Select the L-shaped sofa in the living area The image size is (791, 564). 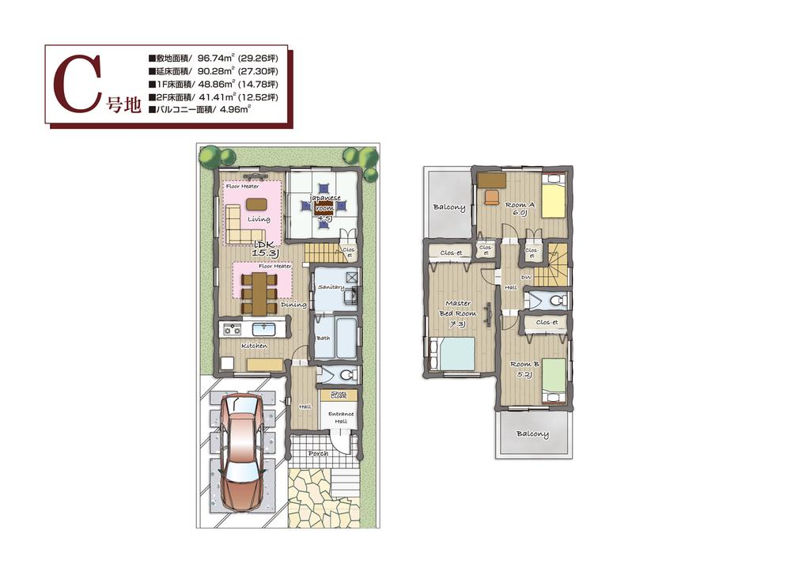point(242,225)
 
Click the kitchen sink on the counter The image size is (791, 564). point(262,329)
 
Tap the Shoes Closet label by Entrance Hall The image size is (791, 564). point(339,395)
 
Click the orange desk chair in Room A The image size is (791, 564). point(491,195)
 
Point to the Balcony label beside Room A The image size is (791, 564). point(448,207)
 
